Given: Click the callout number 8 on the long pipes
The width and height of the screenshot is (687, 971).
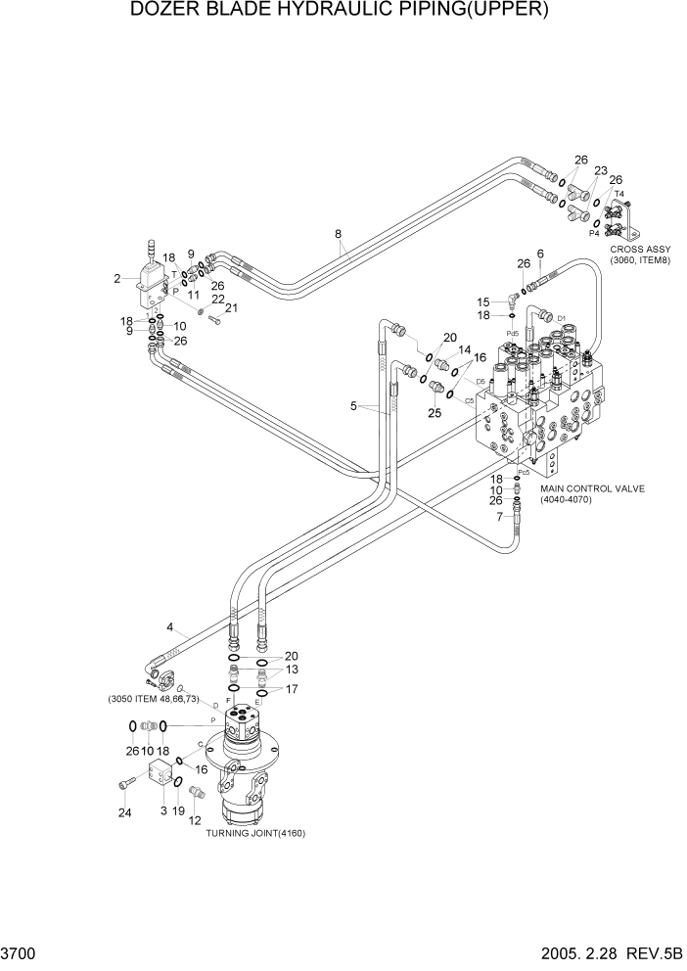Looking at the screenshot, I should tap(338, 234).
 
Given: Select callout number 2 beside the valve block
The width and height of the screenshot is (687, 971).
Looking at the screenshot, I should tap(117, 279).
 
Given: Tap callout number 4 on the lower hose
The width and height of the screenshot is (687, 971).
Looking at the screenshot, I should tap(169, 626).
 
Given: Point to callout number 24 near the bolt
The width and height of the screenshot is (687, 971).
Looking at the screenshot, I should tap(123, 812).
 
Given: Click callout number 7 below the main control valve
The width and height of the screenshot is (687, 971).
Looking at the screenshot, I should tap(499, 516).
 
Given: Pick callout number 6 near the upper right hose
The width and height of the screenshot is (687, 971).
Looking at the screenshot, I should tap(539, 254).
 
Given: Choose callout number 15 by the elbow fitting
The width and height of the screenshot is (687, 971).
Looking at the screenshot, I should tap(481, 301).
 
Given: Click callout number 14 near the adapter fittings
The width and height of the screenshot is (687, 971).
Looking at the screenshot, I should tap(465, 349).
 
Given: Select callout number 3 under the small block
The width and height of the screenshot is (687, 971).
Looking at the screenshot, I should tap(162, 811).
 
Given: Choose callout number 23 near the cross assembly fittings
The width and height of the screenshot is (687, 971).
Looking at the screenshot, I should tap(601, 170).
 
